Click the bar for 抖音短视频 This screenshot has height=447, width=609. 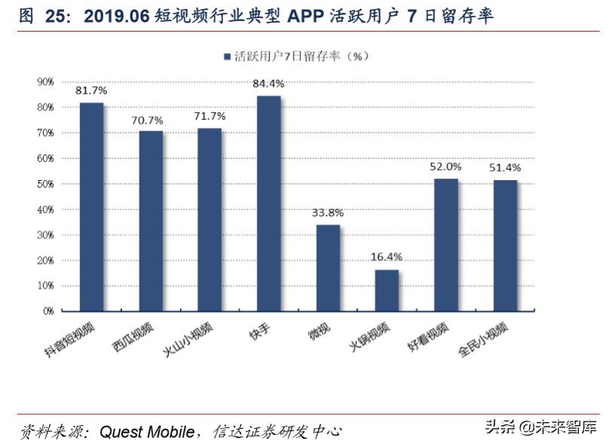tap(92, 207)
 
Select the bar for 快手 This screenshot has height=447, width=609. tap(269, 203)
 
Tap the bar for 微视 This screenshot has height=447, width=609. tap(328, 268)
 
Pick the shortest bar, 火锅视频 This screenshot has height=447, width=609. tap(387, 290)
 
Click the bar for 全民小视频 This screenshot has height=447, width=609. tap(505, 245)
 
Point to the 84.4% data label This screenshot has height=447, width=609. tap(269, 83)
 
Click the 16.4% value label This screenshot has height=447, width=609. tap(387, 256)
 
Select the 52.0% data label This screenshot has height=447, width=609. tap(446, 166)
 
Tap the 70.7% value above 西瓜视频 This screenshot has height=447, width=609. tap(151, 118)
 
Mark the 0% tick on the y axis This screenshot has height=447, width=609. tap(47, 311)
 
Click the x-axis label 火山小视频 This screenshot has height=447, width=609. tap(189, 338)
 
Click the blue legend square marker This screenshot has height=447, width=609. tap(226, 57)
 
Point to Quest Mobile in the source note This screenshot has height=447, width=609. tap(148, 431)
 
